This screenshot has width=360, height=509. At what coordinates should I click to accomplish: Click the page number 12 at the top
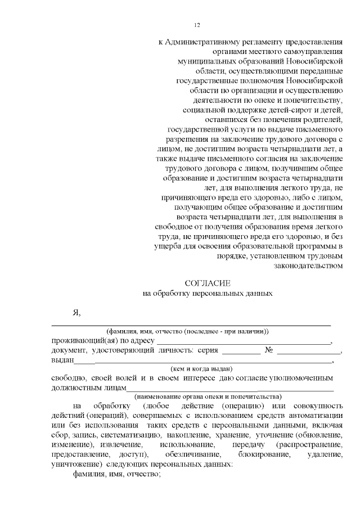click(197, 25)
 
